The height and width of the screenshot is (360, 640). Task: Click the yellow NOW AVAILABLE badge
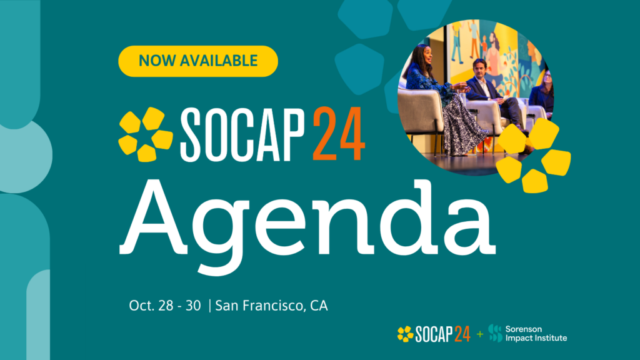pyautogui.click(x=197, y=61)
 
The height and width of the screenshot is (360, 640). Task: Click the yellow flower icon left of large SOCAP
pyautogui.click(x=145, y=134)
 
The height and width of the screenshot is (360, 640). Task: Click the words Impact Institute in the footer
pyautogui.click(x=536, y=338)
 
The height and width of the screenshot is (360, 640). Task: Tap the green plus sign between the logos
pyautogui.click(x=480, y=334)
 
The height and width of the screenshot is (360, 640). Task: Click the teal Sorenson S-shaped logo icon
pyautogui.click(x=496, y=333)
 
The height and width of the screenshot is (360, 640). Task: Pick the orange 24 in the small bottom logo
pyautogui.click(x=461, y=334)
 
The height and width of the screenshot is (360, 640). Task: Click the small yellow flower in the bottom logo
pyautogui.click(x=405, y=334)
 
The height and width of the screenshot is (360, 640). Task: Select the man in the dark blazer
pyautogui.click(x=484, y=87)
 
